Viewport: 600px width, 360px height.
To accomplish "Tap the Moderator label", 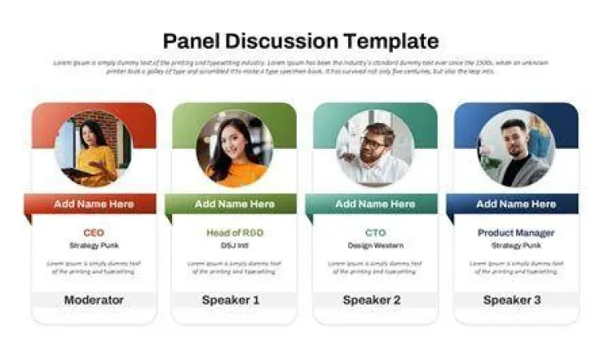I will [94, 300].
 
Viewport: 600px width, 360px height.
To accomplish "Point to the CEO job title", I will [94, 233].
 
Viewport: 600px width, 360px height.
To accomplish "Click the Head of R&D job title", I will [234, 233].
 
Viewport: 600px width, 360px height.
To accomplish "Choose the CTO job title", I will [374, 233].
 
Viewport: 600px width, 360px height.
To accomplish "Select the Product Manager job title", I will [515, 233].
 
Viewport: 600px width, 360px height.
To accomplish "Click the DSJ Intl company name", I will [234, 245].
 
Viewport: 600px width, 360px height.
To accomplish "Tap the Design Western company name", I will [374, 245].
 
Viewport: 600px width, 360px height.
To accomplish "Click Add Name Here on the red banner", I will [94, 204].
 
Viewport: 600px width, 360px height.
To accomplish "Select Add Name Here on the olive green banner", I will [234, 204].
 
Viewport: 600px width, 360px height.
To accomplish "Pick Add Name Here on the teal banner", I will [374, 204].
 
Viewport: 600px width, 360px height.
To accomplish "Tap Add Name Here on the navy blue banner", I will [515, 204].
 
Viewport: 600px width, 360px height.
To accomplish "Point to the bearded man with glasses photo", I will [374, 148].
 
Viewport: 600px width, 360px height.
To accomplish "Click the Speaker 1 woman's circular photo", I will [234, 148].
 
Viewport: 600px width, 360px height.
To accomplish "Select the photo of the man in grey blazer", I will [515, 148].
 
